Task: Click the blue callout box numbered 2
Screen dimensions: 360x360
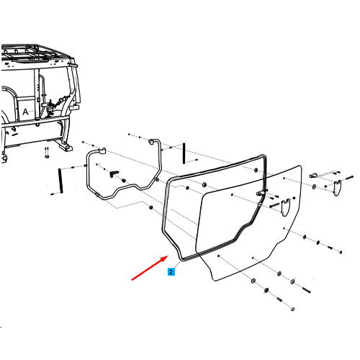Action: (171, 272)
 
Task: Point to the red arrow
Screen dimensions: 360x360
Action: (150, 268)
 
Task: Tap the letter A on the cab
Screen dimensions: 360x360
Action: (25, 112)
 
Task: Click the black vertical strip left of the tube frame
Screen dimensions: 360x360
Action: (60, 181)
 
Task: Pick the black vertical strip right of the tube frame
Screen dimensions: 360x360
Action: (184, 153)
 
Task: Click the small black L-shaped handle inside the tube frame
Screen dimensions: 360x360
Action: (114, 174)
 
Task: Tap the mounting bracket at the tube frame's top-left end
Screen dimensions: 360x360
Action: (103, 150)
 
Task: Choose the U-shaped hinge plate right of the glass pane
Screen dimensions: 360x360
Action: (337, 188)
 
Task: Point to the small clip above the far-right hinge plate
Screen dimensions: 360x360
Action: (312, 176)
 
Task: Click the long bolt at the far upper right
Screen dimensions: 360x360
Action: (349, 178)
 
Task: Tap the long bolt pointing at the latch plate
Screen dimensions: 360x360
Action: (274, 205)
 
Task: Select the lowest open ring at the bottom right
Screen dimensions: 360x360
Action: (293, 309)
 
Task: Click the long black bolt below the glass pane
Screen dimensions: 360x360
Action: (306, 290)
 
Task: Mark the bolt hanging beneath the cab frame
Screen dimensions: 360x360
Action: (47, 153)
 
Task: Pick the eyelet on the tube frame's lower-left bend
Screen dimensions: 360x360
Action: (97, 194)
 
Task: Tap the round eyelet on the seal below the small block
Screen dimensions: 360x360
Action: (260, 204)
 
